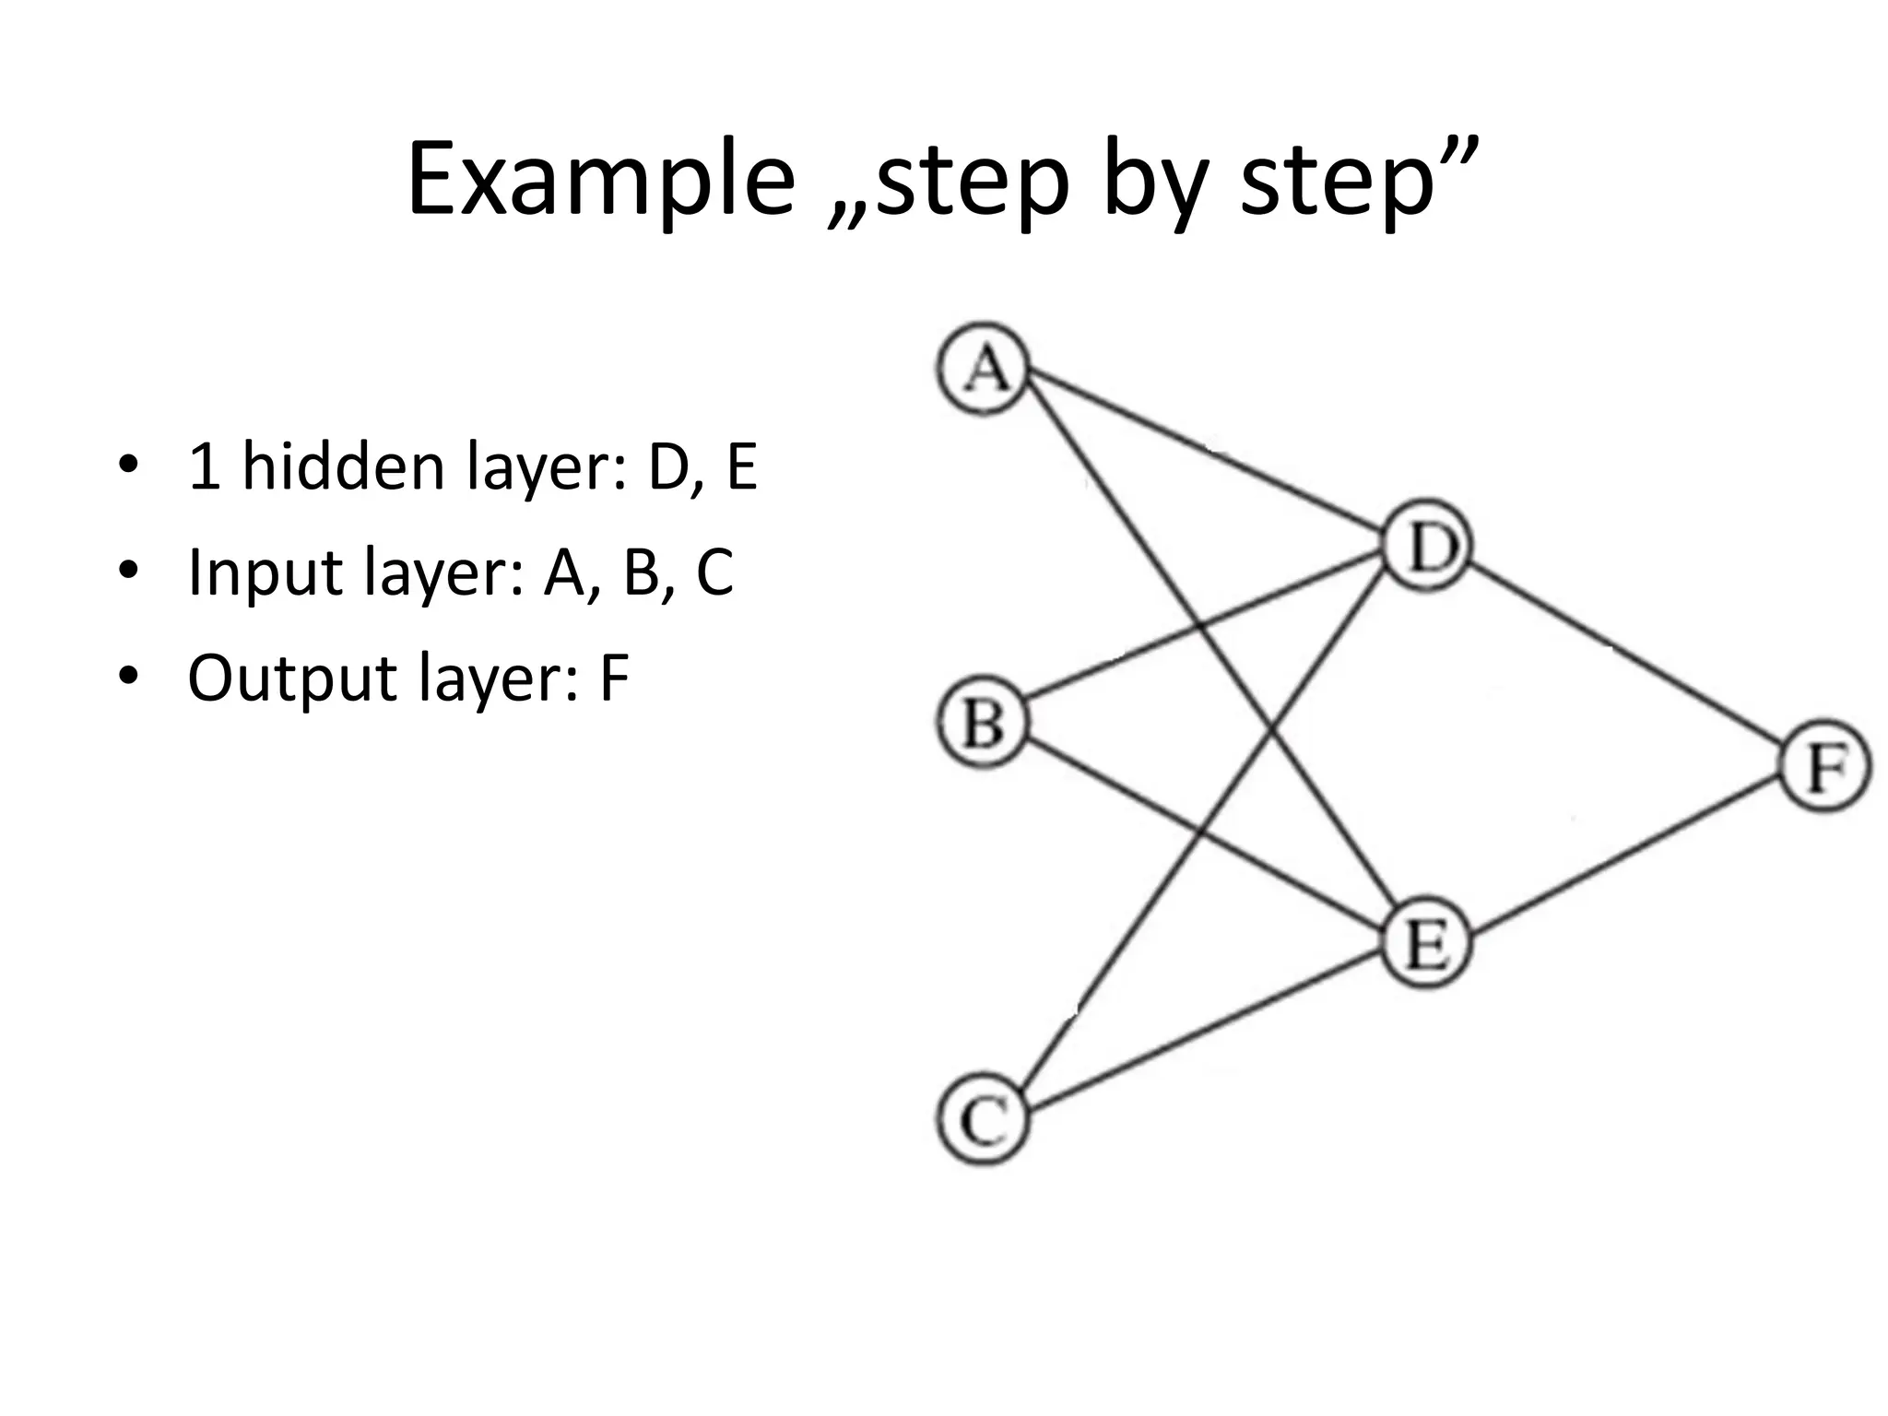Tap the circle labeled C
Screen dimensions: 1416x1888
(983, 1121)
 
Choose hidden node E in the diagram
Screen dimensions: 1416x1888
(1427, 945)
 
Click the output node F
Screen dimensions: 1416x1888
(1825, 767)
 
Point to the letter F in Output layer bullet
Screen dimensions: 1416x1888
(613, 678)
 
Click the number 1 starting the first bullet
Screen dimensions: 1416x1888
(203, 466)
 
